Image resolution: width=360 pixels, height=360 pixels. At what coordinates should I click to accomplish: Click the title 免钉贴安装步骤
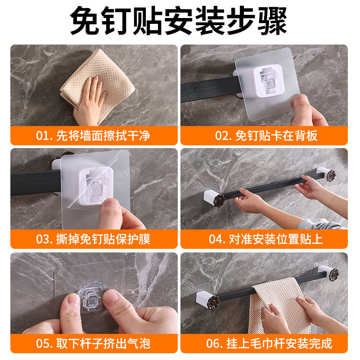click(x=178, y=20)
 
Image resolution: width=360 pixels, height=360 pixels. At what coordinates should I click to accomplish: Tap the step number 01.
click(x=43, y=136)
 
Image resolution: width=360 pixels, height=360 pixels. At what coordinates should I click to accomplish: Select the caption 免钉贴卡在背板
click(x=276, y=135)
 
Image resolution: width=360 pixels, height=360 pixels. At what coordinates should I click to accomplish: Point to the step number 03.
click(x=43, y=239)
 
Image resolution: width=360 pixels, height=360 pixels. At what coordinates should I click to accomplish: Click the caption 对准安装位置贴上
click(x=276, y=239)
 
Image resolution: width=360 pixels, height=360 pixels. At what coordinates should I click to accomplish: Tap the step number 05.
click(x=43, y=344)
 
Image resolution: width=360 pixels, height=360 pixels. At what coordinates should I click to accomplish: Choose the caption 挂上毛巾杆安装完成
click(x=279, y=343)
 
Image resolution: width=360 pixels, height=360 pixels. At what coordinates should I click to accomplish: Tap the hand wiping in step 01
click(x=90, y=101)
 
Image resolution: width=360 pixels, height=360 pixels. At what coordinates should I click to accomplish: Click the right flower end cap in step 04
click(x=331, y=176)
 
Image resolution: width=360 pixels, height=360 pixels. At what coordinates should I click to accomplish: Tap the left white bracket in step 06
click(x=203, y=299)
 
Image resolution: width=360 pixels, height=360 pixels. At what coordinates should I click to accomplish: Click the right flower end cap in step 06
click(x=333, y=274)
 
